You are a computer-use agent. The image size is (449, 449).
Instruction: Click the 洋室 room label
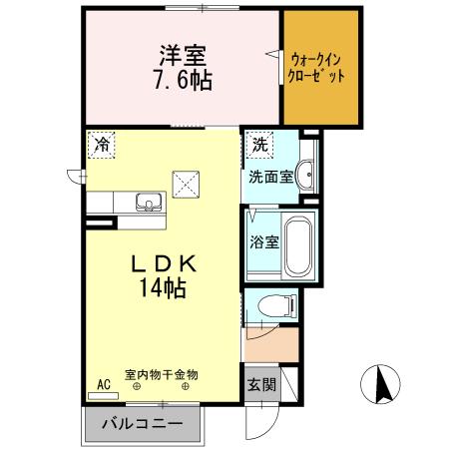click(x=180, y=55)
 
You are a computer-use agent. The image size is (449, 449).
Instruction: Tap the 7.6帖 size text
click(x=180, y=79)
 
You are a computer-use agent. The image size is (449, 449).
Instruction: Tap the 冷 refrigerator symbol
click(x=101, y=145)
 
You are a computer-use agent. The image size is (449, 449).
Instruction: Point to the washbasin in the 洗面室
click(x=306, y=169)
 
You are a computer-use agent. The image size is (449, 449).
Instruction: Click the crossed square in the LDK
click(x=186, y=185)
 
